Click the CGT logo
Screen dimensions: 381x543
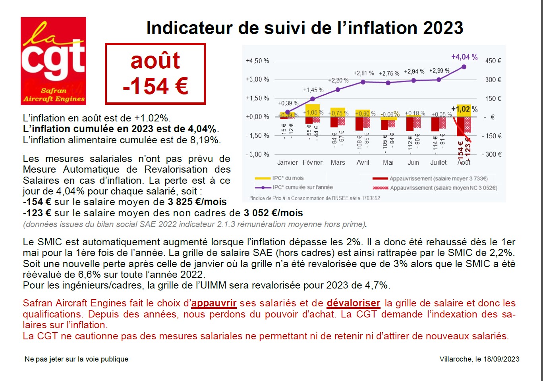click(x=53, y=61)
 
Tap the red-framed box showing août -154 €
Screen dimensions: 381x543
click(x=155, y=74)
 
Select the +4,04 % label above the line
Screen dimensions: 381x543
click(x=464, y=57)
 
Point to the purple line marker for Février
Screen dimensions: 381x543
click(x=313, y=99)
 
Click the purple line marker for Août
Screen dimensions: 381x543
click(x=464, y=67)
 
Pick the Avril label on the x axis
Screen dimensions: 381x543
click(x=363, y=162)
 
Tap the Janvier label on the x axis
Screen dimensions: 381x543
click(x=287, y=162)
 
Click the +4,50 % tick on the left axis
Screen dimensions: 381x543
click(x=257, y=61)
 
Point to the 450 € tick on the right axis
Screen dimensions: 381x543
click(x=493, y=61)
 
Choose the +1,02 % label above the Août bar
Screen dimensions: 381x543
click(x=464, y=109)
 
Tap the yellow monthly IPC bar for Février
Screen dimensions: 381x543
click(x=313, y=110)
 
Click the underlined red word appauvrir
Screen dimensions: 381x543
click(x=214, y=304)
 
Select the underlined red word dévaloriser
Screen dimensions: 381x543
click(x=353, y=304)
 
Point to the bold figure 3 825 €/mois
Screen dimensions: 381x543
click(x=197, y=202)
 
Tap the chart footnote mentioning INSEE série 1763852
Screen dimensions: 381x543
click(x=315, y=198)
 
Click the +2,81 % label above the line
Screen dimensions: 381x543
click(x=363, y=73)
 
